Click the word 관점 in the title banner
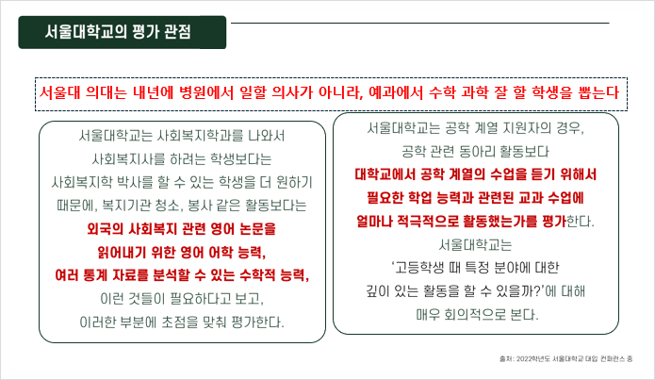177,32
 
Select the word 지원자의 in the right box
528,127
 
